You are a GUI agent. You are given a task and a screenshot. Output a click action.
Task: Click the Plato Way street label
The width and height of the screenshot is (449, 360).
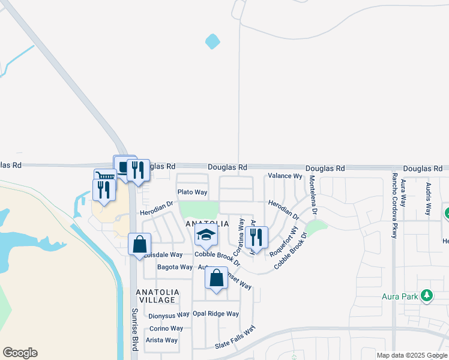(x=192, y=192)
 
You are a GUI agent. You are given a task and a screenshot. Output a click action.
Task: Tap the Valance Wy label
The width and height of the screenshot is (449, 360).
(x=285, y=176)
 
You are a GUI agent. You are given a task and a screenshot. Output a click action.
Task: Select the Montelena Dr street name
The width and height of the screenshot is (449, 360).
(x=312, y=196)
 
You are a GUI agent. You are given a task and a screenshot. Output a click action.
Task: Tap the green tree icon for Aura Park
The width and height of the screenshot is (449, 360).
(x=427, y=295)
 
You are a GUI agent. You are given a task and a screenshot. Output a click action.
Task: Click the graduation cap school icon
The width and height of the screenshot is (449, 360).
(x=206, y=236)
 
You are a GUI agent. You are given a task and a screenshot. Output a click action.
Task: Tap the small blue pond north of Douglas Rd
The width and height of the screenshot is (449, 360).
(x=212, y=41)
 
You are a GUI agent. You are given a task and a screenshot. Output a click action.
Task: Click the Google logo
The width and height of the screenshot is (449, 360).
(x=20, y=353)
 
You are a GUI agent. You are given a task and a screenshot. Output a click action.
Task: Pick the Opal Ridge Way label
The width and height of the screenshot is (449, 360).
(x=215, y=314)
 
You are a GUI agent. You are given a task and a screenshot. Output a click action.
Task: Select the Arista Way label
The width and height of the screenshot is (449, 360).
(x=162, y=340)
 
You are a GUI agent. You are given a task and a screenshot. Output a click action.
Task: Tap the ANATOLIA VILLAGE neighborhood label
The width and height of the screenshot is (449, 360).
(x=155, y=296)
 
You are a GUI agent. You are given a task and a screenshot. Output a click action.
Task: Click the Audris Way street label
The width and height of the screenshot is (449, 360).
(x=429, y=199)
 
